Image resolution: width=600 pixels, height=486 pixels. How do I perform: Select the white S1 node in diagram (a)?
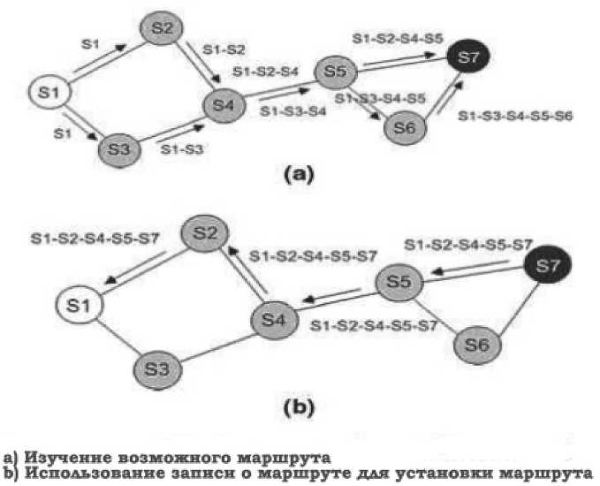click(x=50, y=92)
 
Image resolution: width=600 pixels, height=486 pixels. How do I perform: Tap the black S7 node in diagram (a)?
click(x=471, y=59)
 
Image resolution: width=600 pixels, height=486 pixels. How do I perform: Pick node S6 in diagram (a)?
click(x=406, y=127)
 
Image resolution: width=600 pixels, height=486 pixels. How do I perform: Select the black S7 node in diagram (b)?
click(x=548, y=263)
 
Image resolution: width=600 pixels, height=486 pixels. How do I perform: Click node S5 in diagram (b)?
click(x=399, y=285)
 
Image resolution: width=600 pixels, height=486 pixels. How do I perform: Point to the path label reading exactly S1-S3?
click(x=183, y=149)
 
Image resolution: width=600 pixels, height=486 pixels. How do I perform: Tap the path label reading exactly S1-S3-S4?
click(x=293, y=111)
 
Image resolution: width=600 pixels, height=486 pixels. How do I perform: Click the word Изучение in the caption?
click(x=62, y=458)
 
